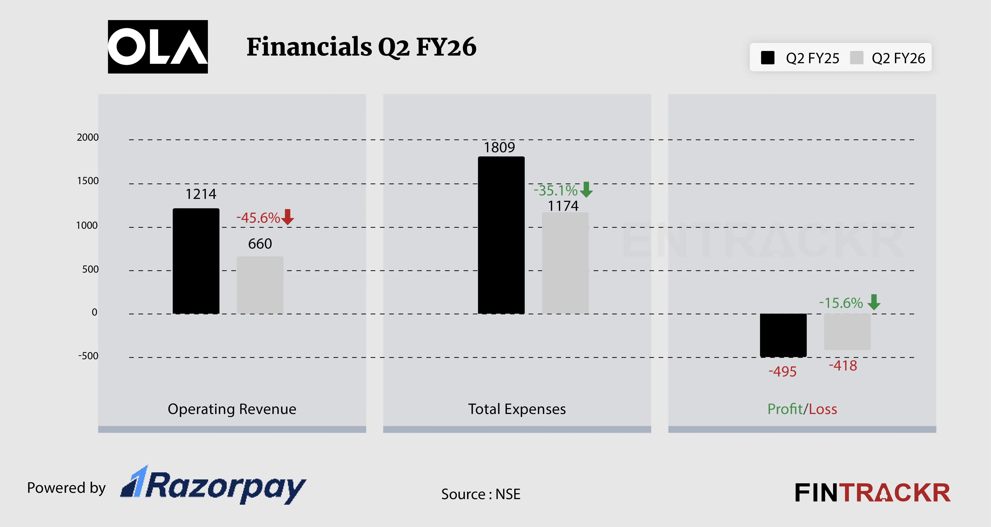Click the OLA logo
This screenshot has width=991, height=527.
[158, 47]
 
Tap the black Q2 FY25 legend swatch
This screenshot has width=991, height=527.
[767, 58]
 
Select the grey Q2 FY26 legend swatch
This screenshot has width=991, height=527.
[857, 58]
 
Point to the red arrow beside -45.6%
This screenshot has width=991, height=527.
[287, 217]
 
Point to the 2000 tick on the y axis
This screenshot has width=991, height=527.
[88, 137]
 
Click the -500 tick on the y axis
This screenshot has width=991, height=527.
[88, 356]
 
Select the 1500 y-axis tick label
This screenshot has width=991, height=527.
[88, 181]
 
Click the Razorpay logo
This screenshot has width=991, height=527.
[213, 486]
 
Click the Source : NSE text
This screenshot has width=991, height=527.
[480, 494]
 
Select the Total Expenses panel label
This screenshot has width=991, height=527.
[517, 409]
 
